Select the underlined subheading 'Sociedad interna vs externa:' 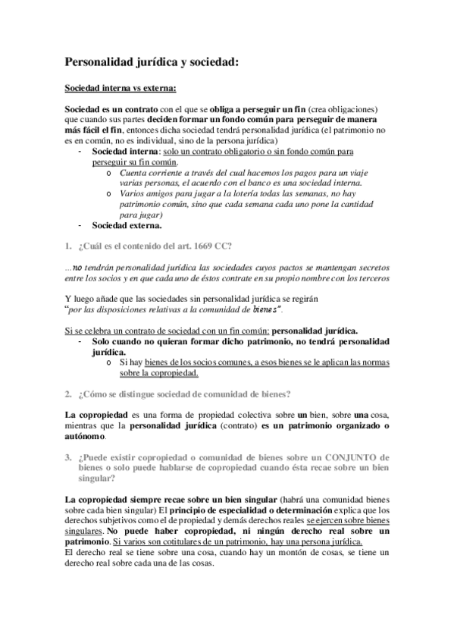(x=121, y=88)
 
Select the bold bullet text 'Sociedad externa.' (x=127, y=225)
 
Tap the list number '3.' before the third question (x=69, y=456)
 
